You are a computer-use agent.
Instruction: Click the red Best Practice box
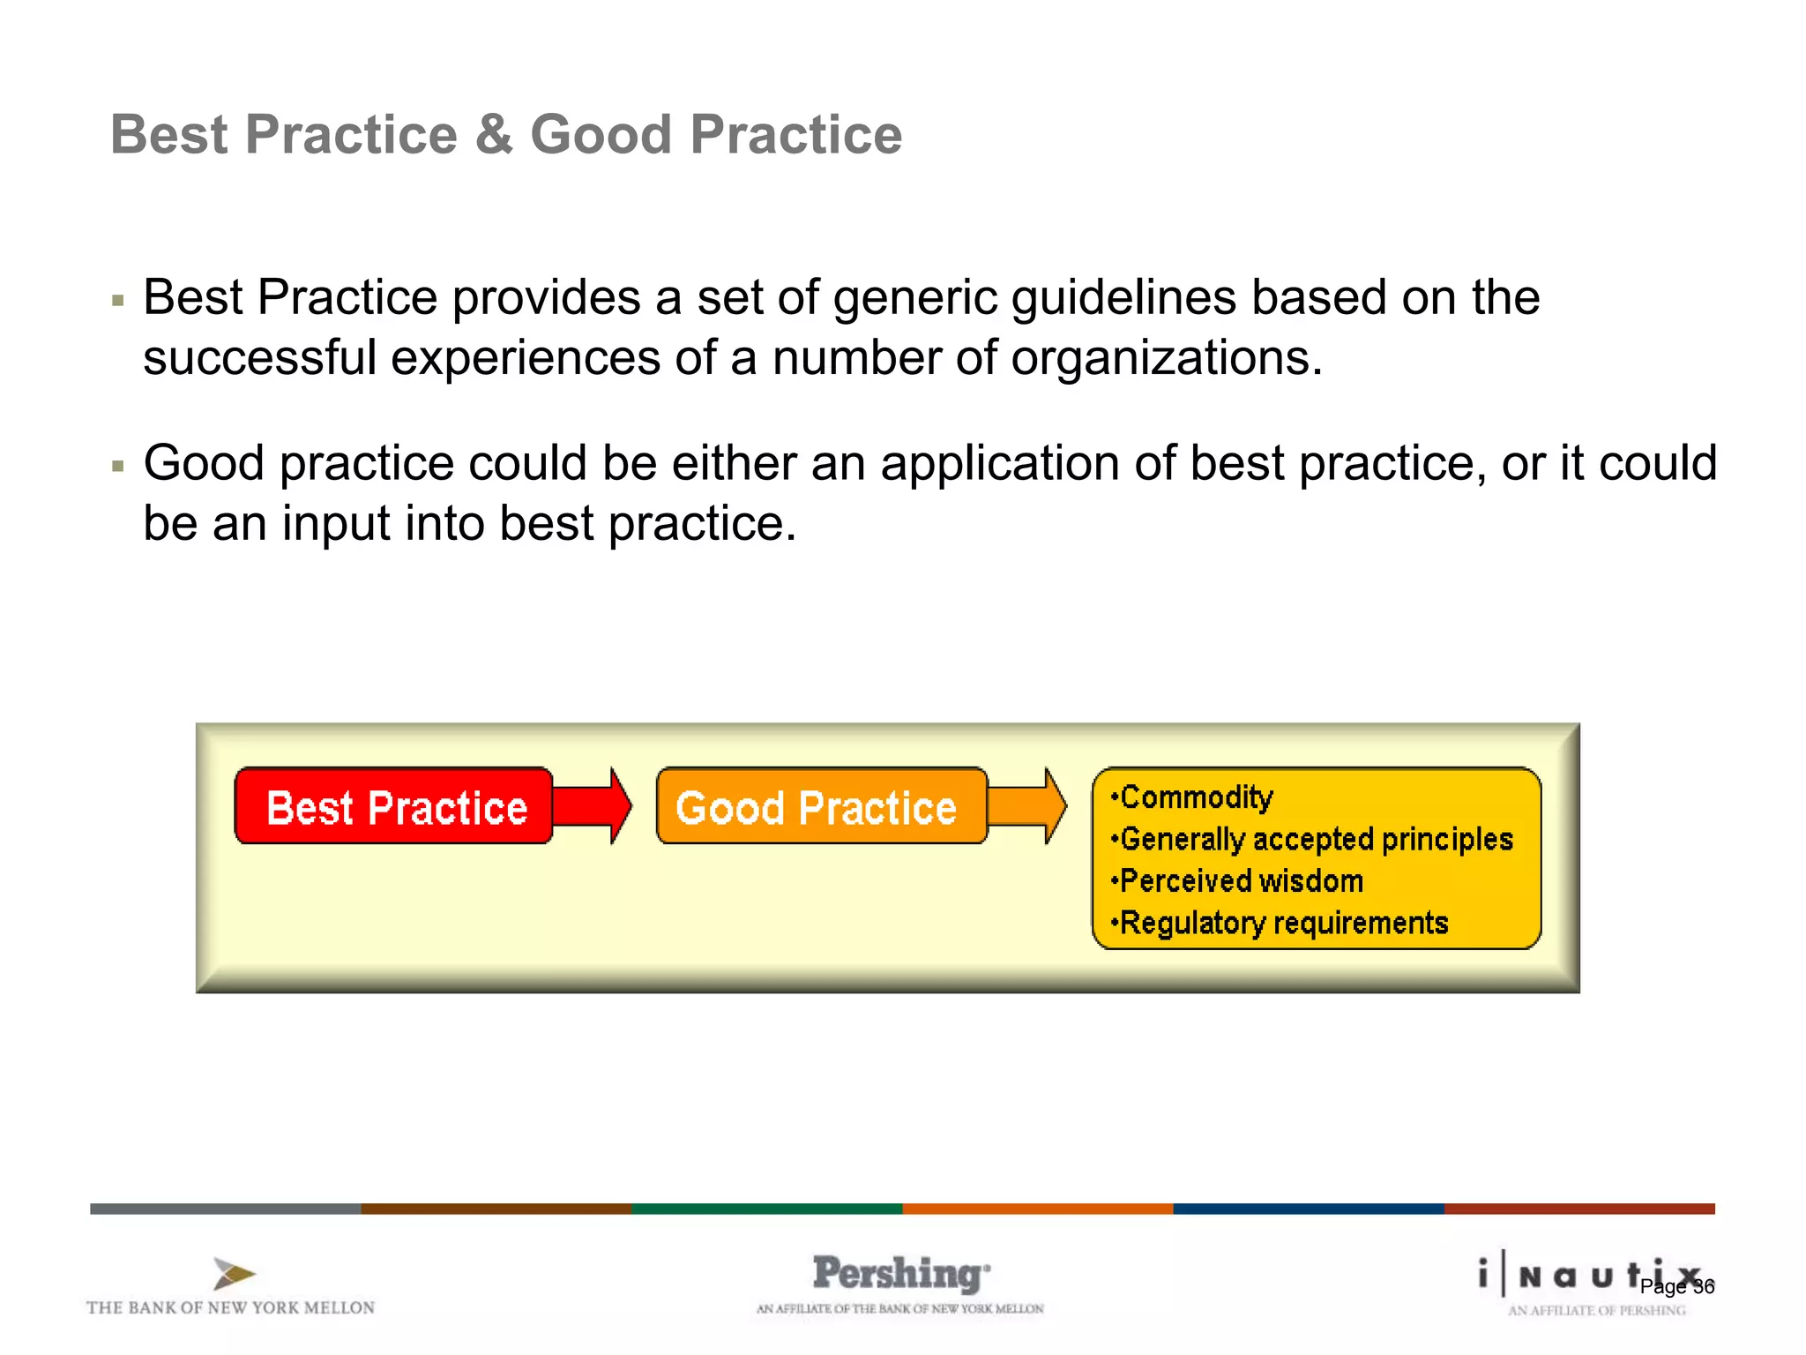pyautogui.click(x=393, y=806)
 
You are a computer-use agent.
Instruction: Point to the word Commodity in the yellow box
pyautogui.click(x=1196, y=797)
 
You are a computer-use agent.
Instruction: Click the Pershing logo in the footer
pyautogui.click(x=899, y=1274)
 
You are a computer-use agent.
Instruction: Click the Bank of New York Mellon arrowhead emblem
pyautogui.click(x=233, y=1274)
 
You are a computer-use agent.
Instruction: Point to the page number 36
pyautogui.click(x=1704, y=1287)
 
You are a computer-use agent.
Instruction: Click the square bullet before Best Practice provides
pyautogui.click(x=118, y=302)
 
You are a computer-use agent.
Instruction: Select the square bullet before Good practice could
pyautogui.click(x=118, y=467)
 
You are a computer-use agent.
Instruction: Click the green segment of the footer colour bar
pyautogui.click(x=766, y=1209)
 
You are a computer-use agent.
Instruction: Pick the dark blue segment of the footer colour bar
pyautogui.click(x=1308, y=1209)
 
